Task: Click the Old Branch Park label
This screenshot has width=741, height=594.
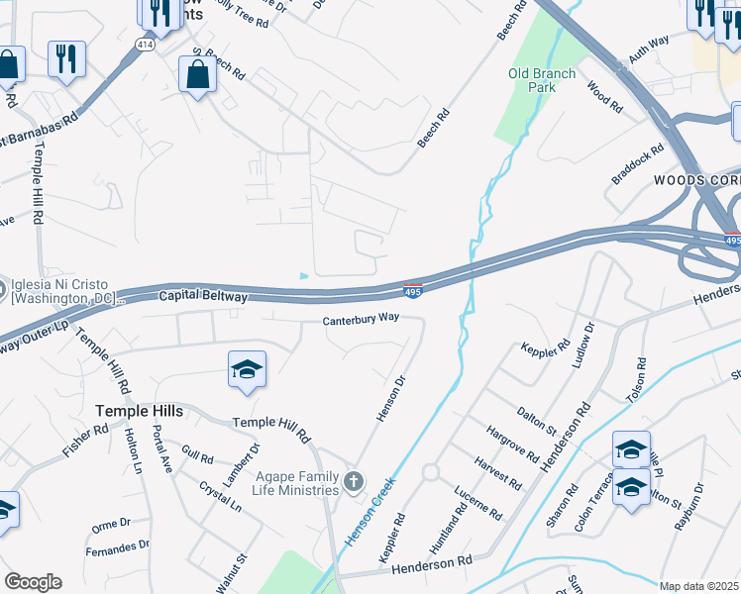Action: pos(532,80)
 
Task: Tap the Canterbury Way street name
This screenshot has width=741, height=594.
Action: pos(361,320)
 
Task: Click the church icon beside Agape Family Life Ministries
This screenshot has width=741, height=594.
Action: pos(354,482)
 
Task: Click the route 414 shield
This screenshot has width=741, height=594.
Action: pos(145,46)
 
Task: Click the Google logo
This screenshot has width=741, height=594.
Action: pos(33,582)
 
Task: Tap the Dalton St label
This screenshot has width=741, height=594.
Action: pos(536,420)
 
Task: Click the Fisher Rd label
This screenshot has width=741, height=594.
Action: pos(85,441)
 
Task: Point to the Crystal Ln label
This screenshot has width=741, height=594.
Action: pos(220,495)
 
